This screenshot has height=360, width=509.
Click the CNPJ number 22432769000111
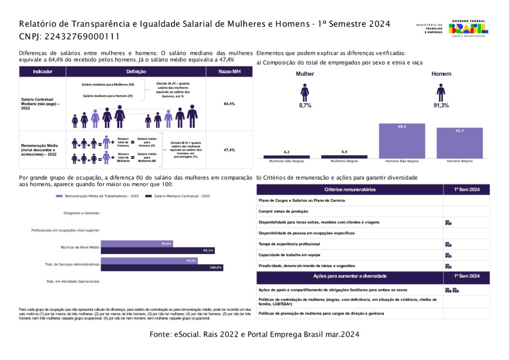click(69, 36)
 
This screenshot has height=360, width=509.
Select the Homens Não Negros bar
click(402, 141)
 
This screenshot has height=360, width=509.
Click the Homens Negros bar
click(459, 143)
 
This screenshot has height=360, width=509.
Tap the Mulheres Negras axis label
click(344, 162)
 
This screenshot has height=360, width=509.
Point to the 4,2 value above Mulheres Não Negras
click(286, 152)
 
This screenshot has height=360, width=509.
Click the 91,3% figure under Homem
click(441, 105)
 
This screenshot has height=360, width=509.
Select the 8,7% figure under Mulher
click(305, 105)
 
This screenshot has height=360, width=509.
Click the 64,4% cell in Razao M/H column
click(229, 104)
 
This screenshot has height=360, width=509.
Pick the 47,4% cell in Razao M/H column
click(229, 150)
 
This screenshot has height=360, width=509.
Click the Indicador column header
click(42, 72)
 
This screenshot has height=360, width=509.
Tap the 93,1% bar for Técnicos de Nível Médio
click(158, 251)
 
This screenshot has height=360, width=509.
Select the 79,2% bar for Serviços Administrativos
click(149, 261)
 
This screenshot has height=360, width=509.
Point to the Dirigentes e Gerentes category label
click(82, 213)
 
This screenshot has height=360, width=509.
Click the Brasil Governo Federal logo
click(469, 28)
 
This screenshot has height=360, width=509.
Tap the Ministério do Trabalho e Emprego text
click(429, 28)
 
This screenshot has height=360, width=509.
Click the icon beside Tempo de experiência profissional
click(448, 244)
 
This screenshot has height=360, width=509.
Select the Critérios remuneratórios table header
click(350, 189)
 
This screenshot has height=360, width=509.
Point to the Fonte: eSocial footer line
click(254, 335)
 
